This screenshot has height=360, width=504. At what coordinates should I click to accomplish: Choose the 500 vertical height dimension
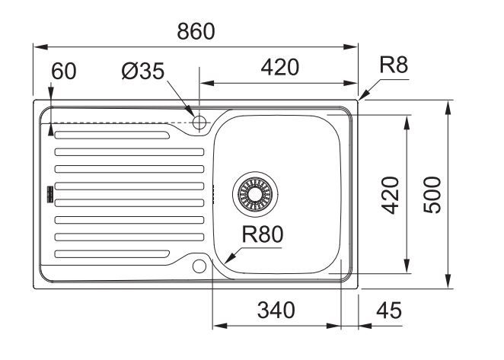coord(433,194)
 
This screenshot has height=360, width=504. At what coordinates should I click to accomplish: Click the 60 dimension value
coord(64,72)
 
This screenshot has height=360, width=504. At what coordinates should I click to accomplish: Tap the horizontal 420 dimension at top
coord(279,68)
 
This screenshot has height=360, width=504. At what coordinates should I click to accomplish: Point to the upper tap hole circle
coord(200,123)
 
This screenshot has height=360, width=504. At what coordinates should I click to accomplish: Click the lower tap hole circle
coord(200,266)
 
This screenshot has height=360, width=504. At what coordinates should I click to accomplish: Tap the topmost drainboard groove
coord(110,136)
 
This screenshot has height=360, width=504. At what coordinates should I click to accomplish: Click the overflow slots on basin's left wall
coord(215,195)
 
